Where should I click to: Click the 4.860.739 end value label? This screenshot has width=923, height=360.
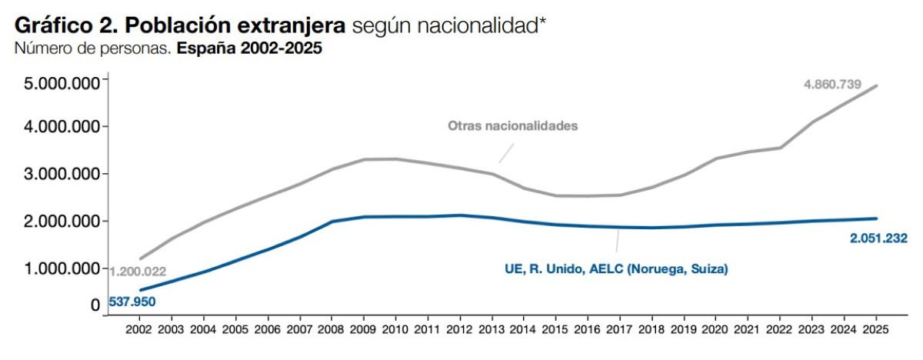pyautogui.click(x=832, y=84)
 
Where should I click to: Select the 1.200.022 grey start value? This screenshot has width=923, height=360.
pyautogui.click(x=138, y=272)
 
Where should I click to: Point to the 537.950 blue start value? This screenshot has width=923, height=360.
pyautogui.click(x=130, y=302)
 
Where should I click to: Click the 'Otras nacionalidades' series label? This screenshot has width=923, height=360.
pyautogui.click(x=512, y=125)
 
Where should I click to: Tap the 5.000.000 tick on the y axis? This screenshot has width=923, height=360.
pyautogui.click(x=59, y=82)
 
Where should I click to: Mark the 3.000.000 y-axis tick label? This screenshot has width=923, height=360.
pyautogui.click(x=59, y=174)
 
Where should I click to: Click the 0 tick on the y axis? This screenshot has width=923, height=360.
pyautogui.click(x=95, y=305)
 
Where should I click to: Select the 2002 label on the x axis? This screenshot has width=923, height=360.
pyautogui.click(x=139, y=328)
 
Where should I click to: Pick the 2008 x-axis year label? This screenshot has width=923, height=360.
pyautogui.click(x=332, y=328)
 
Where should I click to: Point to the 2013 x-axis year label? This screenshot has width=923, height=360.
pyautogui.click(x=491, y=328)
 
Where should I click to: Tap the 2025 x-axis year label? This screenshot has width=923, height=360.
pyautogui.click(x=876, y=328)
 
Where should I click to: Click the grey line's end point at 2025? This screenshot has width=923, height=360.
pyautogui.click(x=876, y=85)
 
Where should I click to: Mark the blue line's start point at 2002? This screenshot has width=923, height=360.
pyautogui.click(x=139, y=290)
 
